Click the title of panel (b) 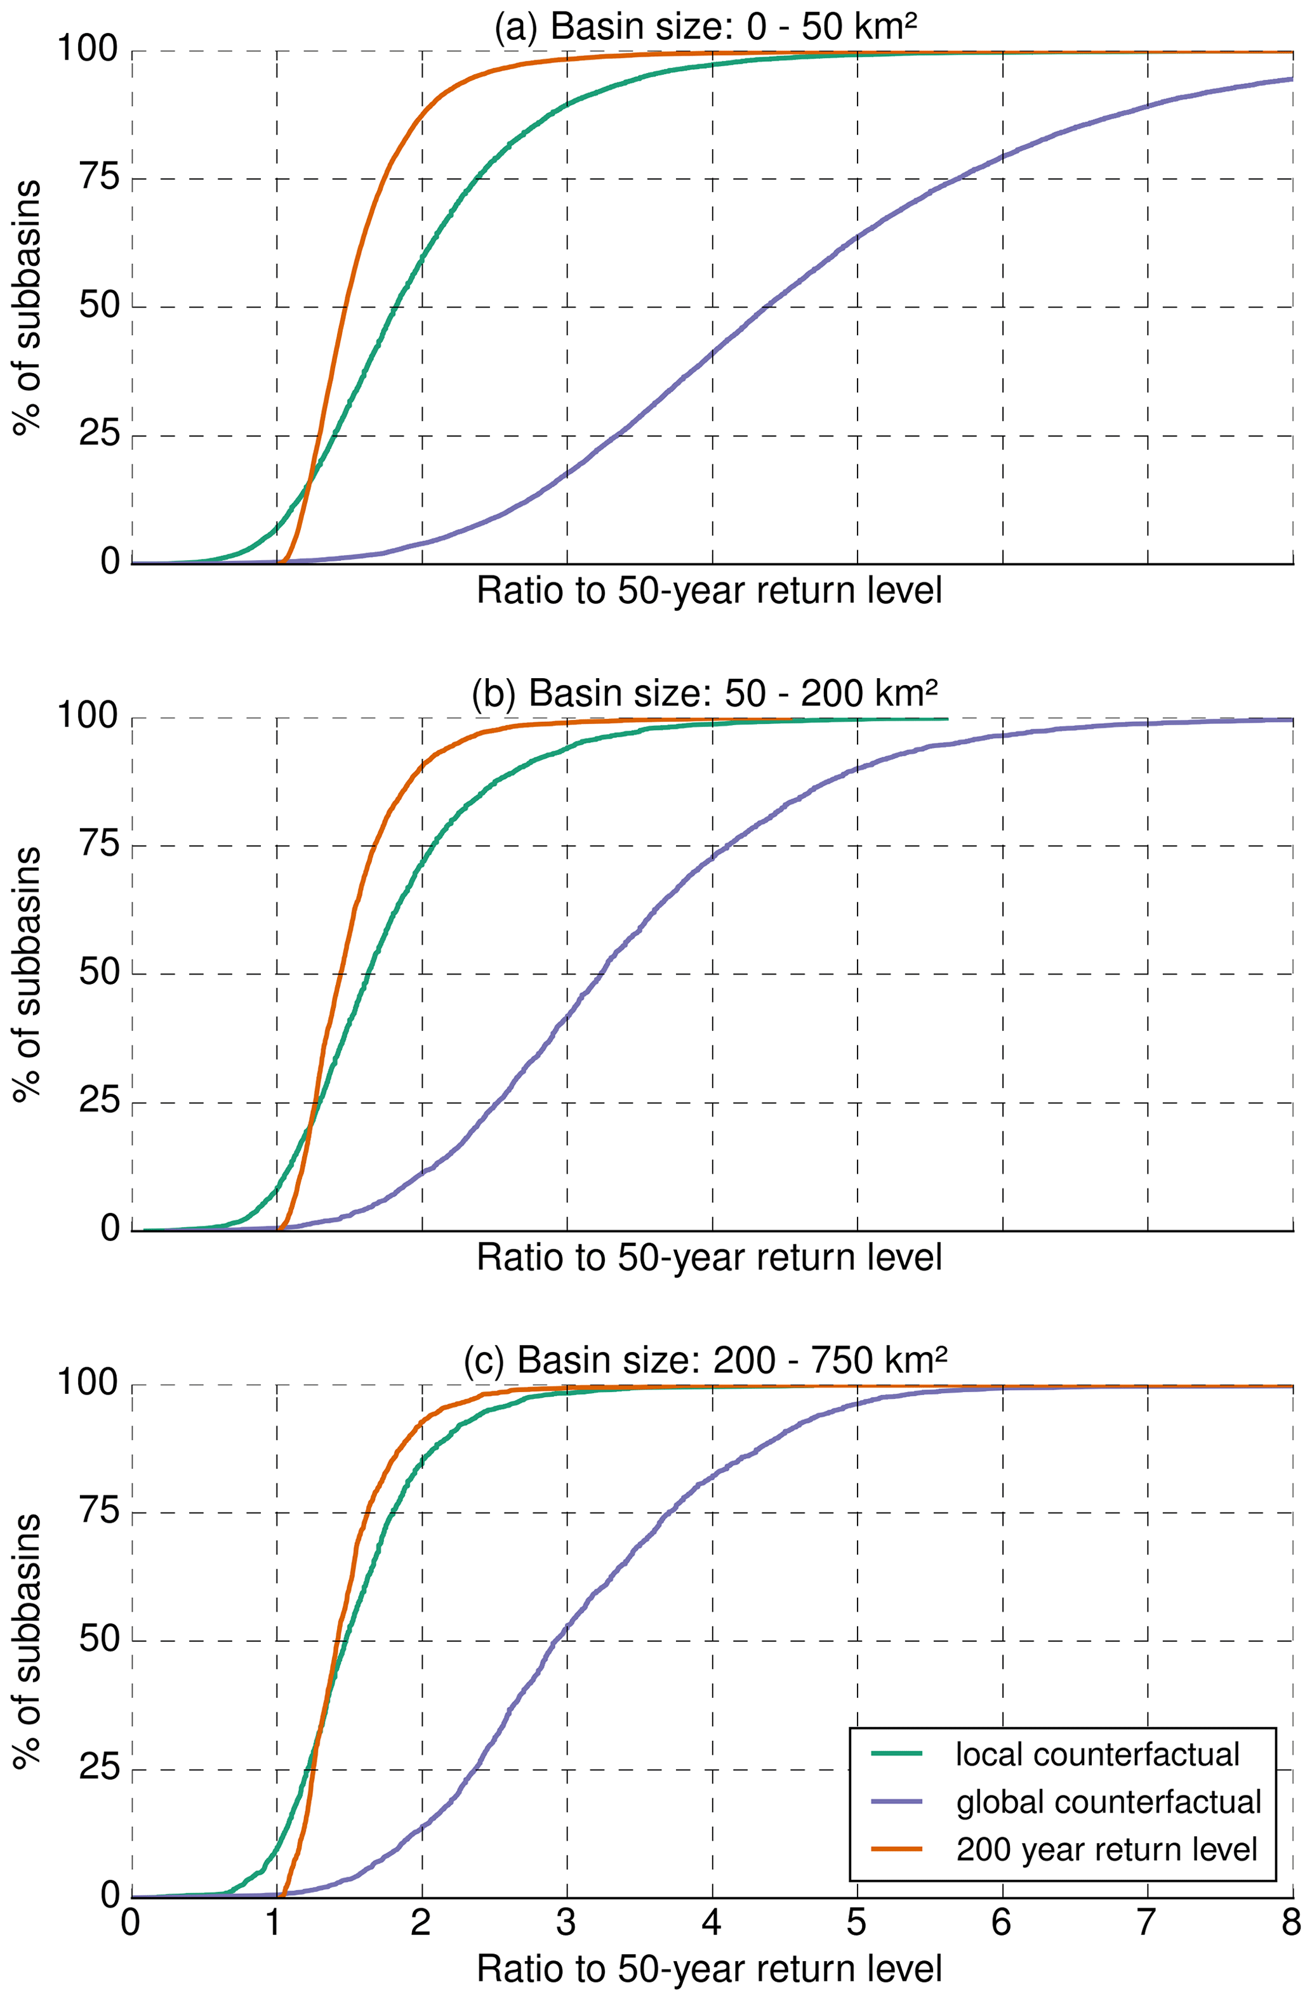click(705, 693)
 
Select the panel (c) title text click(705, 1360)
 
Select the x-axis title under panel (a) click(709, 591)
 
